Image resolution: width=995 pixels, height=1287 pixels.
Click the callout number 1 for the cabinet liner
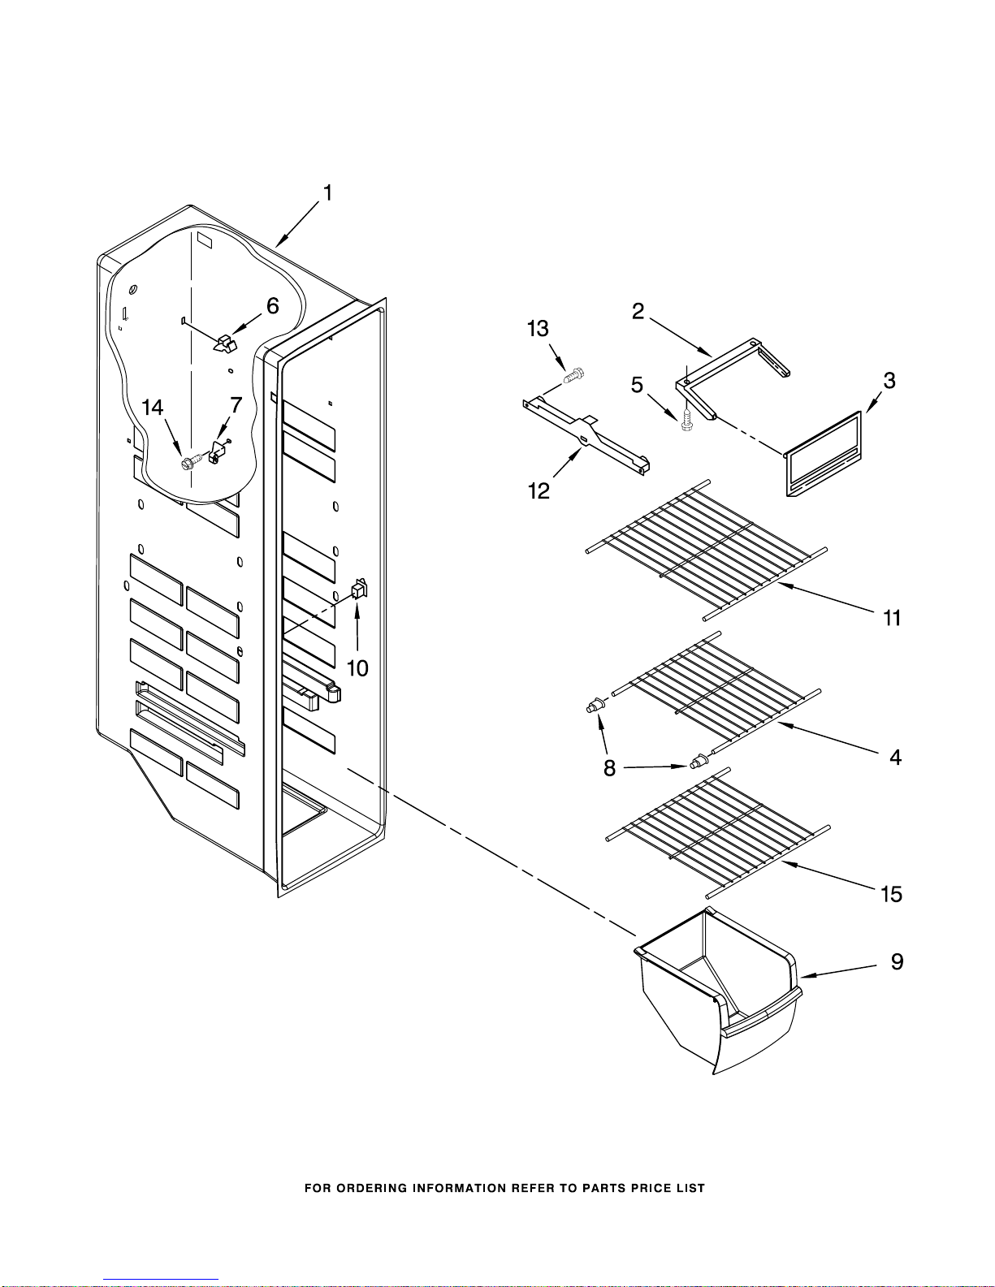pyautogui.click(x=327, y=193)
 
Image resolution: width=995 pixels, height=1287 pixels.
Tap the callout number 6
pyautogui.click(x=272, y=305)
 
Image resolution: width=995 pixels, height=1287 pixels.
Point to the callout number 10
pyautogui.click(x=357, y=668)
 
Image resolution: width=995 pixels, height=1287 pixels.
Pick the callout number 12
pyautogui.click(x=539, y=490)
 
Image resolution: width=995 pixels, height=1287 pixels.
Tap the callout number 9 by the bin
pyautogui.click(x=898, y=961)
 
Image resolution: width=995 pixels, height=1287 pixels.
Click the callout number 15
pyautogui.click(x=891, y=894)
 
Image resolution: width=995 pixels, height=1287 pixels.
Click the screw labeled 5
pyautogui.click(x=687, y=420)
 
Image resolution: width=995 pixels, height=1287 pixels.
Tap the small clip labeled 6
pyautogui.click(x=224, y=343)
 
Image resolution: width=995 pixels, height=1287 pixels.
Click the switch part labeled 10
pyautogui.click(x=359, y=589)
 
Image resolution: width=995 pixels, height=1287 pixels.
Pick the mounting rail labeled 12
pyautogui.click(x=586, y=437)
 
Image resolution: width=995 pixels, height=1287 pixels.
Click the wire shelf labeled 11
pyautogui.click(x=706, y=551)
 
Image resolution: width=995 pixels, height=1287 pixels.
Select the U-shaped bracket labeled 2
pyautogui.click(x=733, y=378)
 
